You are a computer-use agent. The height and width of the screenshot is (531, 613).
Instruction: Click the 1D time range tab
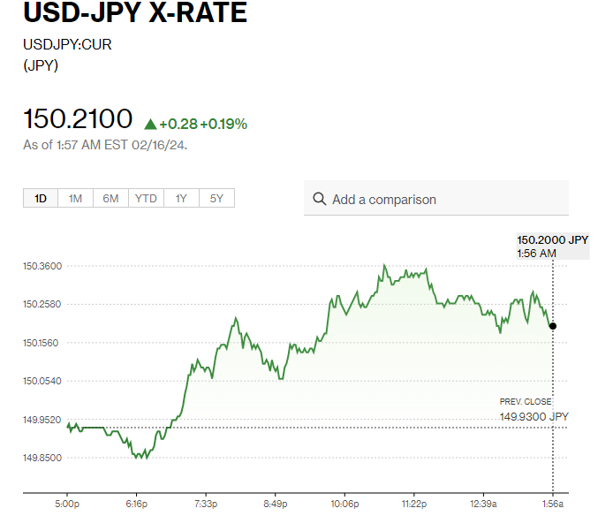click(41, 199)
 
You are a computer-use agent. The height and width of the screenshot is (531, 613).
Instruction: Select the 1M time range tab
click(75, 199)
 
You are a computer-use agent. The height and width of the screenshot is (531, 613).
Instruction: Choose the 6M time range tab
click(110, 199)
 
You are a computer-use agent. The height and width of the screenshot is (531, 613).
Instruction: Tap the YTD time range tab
click(146, 199)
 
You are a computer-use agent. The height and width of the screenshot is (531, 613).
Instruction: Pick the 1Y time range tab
click(181, 199)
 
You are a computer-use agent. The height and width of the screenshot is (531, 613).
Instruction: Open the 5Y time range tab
click(216, 199)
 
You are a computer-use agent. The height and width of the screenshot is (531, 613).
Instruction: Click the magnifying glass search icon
click(320, 200)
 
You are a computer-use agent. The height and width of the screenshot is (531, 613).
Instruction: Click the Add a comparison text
click(384, 200)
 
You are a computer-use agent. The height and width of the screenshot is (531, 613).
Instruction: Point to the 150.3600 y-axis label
click(42, 266)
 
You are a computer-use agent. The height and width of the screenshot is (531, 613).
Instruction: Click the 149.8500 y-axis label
click(42, 458)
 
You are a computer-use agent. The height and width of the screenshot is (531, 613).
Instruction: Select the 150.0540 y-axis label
click(42, 381)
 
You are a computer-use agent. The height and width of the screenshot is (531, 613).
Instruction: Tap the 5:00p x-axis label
click(67, 504)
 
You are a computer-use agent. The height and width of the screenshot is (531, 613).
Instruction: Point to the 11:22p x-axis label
click(413, 504)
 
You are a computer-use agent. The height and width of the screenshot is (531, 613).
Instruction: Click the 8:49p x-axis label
click(276, 504)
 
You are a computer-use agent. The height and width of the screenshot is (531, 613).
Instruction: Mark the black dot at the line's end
click(553, 326)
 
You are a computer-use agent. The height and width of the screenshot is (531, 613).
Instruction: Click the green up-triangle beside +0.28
click(150, 125)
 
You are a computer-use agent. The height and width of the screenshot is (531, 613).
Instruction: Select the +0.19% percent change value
click(223, 125)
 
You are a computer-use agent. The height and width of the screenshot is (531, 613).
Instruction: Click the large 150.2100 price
click(78, 119)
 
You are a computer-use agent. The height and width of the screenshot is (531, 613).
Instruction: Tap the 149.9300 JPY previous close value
click(534, 416)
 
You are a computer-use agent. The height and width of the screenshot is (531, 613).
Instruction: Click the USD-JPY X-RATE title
click(135, 14)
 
